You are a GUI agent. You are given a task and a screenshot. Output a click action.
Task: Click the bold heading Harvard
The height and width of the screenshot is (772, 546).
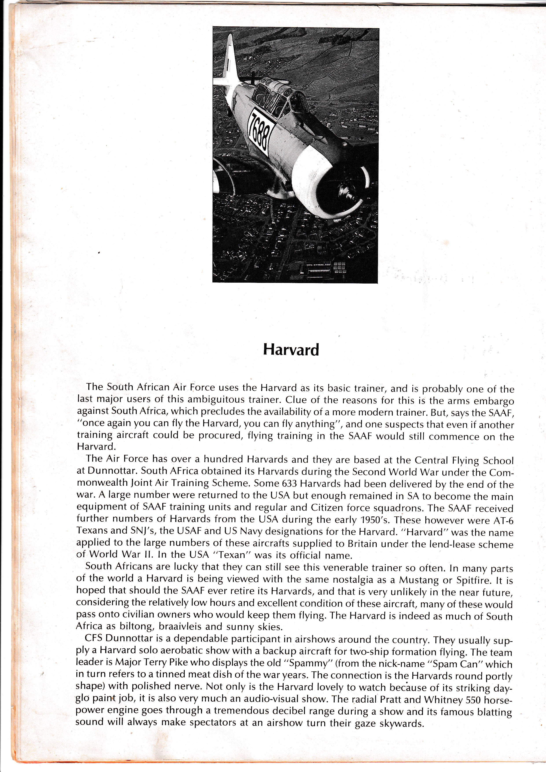point(291,350)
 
